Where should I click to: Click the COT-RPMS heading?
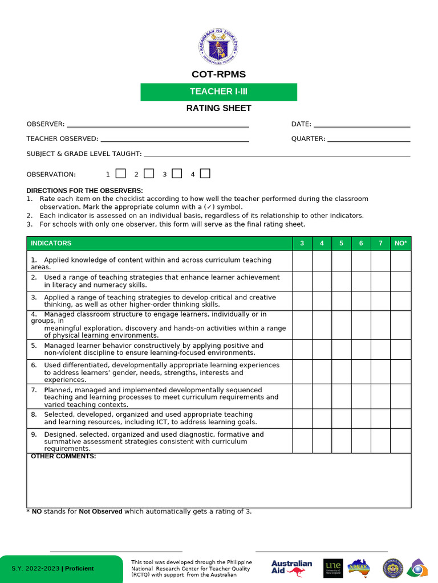pos(218,75)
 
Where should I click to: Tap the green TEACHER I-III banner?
pos(218,92)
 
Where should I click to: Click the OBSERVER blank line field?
pos(157,124)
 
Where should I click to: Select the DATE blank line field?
pos(362,124)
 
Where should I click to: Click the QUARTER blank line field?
pos(368,139)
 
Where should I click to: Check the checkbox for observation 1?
pos(121,174)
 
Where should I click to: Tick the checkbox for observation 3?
pos(177,174)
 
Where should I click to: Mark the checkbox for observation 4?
pos(205,174)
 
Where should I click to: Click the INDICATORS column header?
pos(51,244)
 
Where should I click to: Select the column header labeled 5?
pos(341,244)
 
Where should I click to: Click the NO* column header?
pos(400,244)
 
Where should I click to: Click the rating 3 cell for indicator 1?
pos(302,261)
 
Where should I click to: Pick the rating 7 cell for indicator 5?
pos(380,350)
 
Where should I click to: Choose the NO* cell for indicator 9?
pos(400,441)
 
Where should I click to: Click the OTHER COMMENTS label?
pos(63,457)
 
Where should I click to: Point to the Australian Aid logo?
pos(291,568)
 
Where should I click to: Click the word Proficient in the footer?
pos(79,569)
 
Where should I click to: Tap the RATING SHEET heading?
pos(218,108)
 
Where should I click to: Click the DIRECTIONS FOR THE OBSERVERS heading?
pos(84,191)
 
